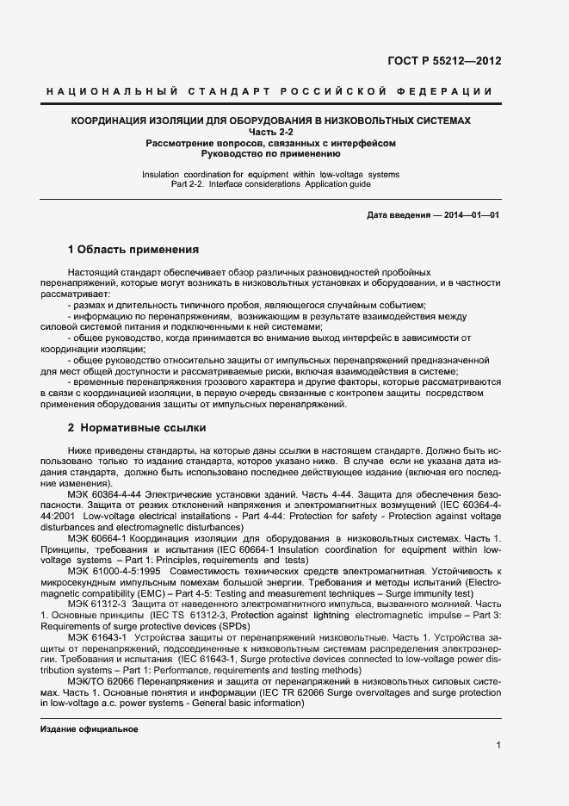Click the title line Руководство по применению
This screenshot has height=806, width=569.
coord(270,154)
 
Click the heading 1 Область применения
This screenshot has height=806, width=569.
coord(133,250)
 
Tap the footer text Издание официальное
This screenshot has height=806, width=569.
coord(89,729)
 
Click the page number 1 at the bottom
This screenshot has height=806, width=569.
coord(498,746)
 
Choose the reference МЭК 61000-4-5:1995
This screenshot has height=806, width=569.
coord(113,570)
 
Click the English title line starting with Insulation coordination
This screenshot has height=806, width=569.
coord(270,174)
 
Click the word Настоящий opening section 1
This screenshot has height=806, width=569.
coord(95,271)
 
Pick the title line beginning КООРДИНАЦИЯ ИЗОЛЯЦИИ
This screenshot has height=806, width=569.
coord(270,121)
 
